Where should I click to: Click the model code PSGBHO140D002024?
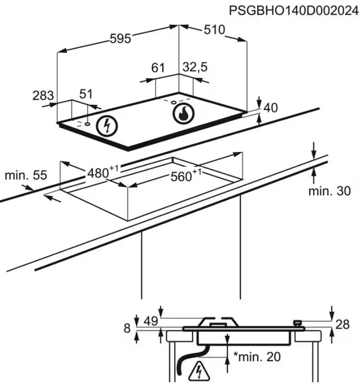coord(294,11)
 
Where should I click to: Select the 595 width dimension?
coord(120,39)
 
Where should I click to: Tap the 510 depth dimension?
coord(214,30)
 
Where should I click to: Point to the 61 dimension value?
coord(158,68)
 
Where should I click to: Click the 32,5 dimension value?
coord(195,67)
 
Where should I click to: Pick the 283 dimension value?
coord(43,95)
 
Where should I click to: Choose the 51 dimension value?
coord(86,94)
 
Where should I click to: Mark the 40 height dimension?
coord(270,107)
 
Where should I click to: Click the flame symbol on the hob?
coord(184,114)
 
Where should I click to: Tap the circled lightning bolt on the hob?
coord(107,126)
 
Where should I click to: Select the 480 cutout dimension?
coord(103,172)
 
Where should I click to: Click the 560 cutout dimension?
coord(186,176)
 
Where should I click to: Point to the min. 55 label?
coord(26,176)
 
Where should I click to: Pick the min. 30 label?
coord(329,191)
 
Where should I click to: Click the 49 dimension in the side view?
coord(151,321)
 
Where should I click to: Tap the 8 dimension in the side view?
coord(127,328)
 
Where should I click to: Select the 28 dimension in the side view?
coord(342,325)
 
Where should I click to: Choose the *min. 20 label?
coord(257,357)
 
